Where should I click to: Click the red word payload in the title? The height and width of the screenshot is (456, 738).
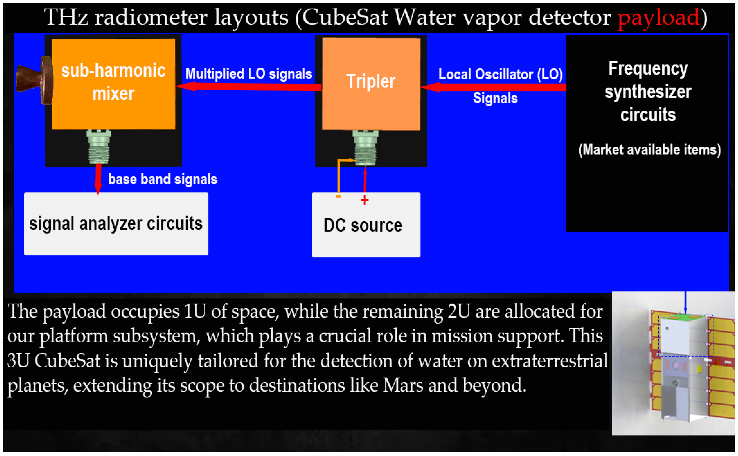pyautogui.click(x=658, y=18)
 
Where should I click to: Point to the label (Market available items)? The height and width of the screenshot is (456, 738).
pyautogui.click(x=649, y=150)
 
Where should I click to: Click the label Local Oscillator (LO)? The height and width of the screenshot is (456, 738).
pyautogui.click(x=500, y=74)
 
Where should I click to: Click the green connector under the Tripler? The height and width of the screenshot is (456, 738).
pyautogui.click(x=365, y=148)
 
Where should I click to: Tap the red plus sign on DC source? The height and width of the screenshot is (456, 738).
pyautogui.click(x=365, y=200)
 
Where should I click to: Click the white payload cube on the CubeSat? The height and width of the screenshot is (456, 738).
pyautogui.click(x=675, y=336)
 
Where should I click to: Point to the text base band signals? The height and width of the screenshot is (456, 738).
pyautogui.click(x=163, y=179)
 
